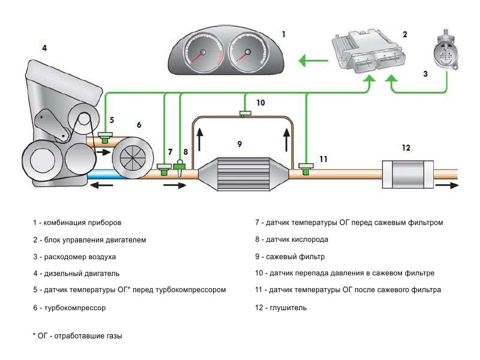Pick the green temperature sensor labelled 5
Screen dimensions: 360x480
tap(106, 137)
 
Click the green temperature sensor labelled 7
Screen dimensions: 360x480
tap(164, 169)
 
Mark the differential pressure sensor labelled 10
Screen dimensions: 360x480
tap(245, 113)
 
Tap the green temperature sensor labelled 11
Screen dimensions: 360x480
tap(306, 167)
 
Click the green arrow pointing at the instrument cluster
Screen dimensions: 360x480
tap(311, 60)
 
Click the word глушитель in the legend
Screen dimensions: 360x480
tap(289, 308)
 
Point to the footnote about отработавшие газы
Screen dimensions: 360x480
tap(77, 336)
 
